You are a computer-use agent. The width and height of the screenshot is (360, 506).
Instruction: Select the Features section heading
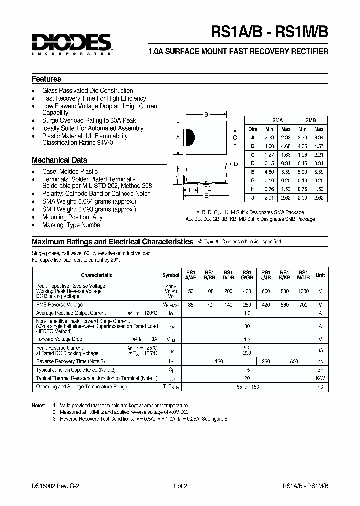tap(46, 79)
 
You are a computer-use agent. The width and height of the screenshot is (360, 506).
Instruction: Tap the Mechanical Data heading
tap(59, 160)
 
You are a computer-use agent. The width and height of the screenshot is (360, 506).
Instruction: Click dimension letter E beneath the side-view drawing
tap(206, 196)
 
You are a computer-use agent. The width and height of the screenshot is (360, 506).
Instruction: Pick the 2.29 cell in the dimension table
tap(270, 137)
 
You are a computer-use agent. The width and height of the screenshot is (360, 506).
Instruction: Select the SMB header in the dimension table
tap(311, 121)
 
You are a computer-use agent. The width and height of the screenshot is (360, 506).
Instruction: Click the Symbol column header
tap(171, 275)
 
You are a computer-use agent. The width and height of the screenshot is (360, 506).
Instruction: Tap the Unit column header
tap(320, 275)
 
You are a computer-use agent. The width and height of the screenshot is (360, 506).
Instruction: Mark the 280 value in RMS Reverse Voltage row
tap(247, 304)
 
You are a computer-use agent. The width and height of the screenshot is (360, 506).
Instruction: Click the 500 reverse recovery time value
tap(294, 361)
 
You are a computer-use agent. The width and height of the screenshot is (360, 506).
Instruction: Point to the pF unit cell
tap(320, 370)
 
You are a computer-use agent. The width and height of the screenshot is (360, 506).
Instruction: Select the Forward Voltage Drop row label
tap(59, 339)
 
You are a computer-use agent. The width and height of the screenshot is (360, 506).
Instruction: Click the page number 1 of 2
tap(180, 486)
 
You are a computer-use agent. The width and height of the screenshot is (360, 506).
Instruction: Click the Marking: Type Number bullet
tap(72, 225)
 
